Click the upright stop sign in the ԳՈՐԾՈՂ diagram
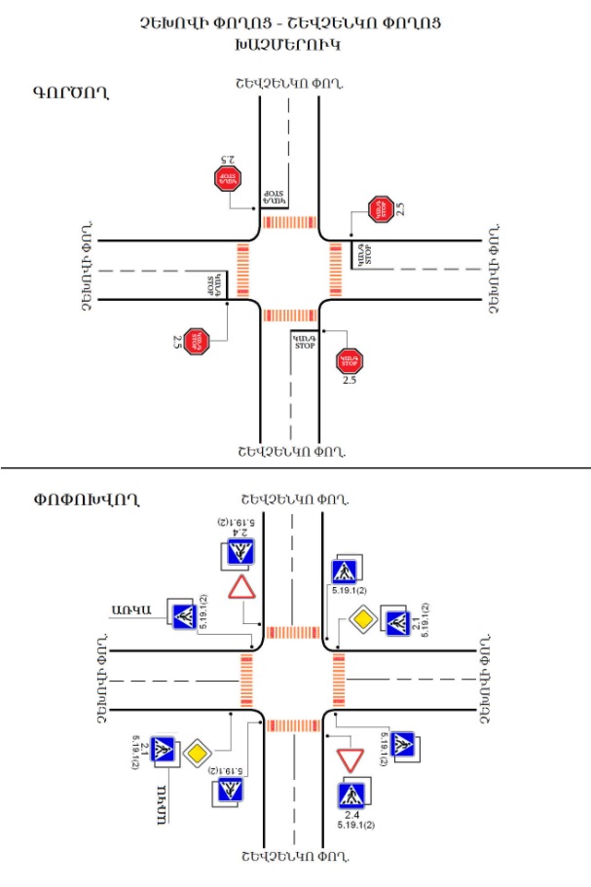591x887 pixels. pyautogui.click(x=350, y=360)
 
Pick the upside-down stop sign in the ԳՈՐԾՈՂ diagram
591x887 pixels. pyautogui.click(x=227, y=177)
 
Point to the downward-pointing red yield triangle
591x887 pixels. pyautogui.click(x=350, y=759)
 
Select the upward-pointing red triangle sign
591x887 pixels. pyautogui.click(x=240, y=587)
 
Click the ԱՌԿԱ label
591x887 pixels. pyautogui.click(x=129, y=611)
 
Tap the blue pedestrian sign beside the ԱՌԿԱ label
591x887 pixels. pyautogui.click(x=183, y=615)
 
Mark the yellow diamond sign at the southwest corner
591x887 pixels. pyautogui.click(x=198, y=752)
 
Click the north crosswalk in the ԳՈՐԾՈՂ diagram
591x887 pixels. pyautogui.click(x=290, y=222)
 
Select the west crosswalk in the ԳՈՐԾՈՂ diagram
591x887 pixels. pyautogui.click(x=242, y=269)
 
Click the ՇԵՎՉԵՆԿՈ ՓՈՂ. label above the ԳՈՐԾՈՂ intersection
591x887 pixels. pyautogui.click(x=290, y=85)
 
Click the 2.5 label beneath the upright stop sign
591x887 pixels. pyautogui.click(x=350, y=381)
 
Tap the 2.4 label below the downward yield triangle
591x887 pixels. pyautogui.click(x=351, y=814)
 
